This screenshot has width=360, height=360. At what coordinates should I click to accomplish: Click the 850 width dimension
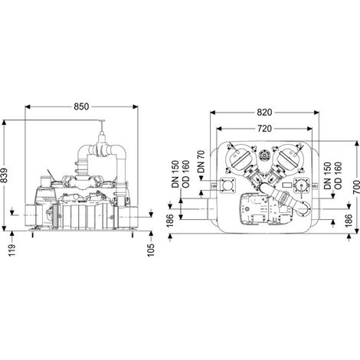point(81,106)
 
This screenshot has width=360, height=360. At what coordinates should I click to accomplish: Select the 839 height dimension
point(5,175)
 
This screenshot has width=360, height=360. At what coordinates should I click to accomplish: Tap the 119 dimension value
point(12,250)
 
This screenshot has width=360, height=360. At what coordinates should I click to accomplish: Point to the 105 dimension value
point(151,250)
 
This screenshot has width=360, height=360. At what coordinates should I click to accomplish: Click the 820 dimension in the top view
point(264,113)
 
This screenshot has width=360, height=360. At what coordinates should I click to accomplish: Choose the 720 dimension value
point(264,129)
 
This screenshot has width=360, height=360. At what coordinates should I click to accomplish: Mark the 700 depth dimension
point(355,187)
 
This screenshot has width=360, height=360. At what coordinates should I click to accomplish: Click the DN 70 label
point(201,162)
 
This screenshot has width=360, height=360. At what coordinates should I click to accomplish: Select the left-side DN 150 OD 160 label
point(181,174)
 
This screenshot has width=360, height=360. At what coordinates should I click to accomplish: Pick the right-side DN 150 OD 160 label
point(332,175)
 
